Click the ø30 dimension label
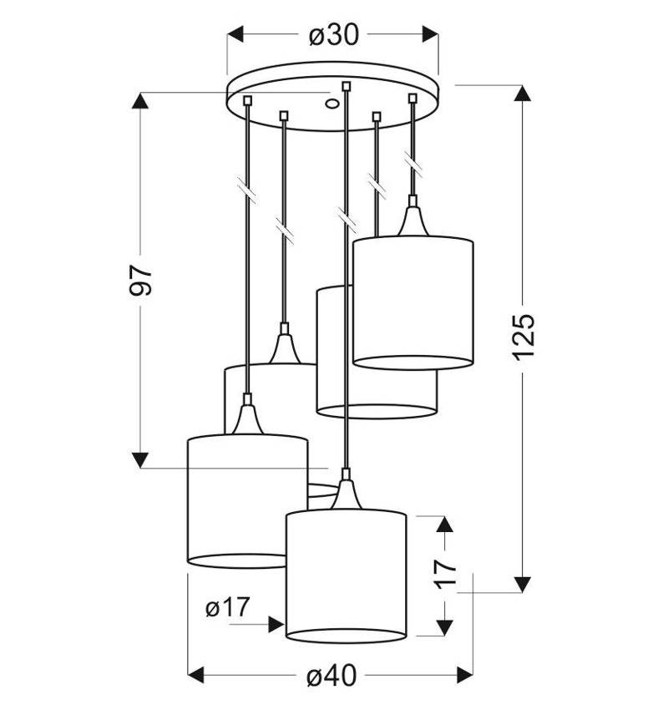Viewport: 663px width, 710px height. [x=334, y=34]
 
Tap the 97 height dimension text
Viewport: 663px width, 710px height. [x=140, y=281]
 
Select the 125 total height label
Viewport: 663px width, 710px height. [x=524, y=337]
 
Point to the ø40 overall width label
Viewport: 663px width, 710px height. [x=331, y=677]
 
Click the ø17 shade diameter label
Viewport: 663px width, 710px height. [x=228, y=607]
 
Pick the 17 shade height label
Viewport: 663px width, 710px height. [x=445, y=573]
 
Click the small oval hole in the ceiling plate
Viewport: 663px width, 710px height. [x=331, y=104]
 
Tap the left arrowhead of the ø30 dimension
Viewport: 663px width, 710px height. [x=235, y=34]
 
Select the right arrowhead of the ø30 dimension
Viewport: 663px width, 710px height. [x=430, y=34]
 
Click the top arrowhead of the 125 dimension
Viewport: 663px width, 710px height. [x=523, y=94]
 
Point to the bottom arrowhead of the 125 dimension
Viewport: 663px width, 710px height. [x=523, y=584]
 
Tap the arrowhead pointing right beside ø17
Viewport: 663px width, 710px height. [x=276, y=625]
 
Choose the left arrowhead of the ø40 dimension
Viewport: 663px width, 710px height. [x=196, y=675]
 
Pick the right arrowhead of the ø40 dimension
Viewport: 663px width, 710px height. [x=465, y=675]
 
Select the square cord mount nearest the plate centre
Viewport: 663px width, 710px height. [x=347, y=86]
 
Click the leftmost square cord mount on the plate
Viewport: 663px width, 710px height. [x=247, y=100]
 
